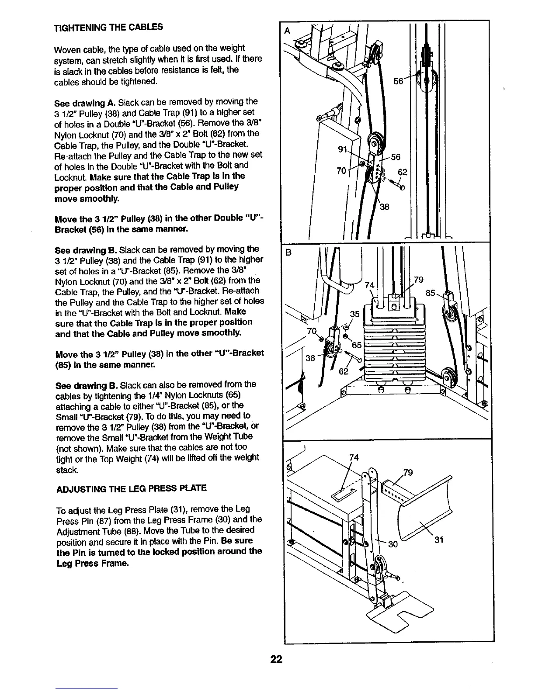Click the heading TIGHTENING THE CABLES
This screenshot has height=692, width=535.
pos(108,27)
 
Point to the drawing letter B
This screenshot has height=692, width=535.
pos(288,252)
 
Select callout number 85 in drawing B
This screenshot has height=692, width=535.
pos(431,293)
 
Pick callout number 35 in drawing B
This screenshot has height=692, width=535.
pos(354,314)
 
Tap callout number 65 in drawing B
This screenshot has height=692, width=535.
pos(357,345)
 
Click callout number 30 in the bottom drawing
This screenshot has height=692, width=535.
pos(393,544)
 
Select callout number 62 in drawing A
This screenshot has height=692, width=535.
pos(402,172)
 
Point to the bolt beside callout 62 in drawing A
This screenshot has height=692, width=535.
pos(396,184)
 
